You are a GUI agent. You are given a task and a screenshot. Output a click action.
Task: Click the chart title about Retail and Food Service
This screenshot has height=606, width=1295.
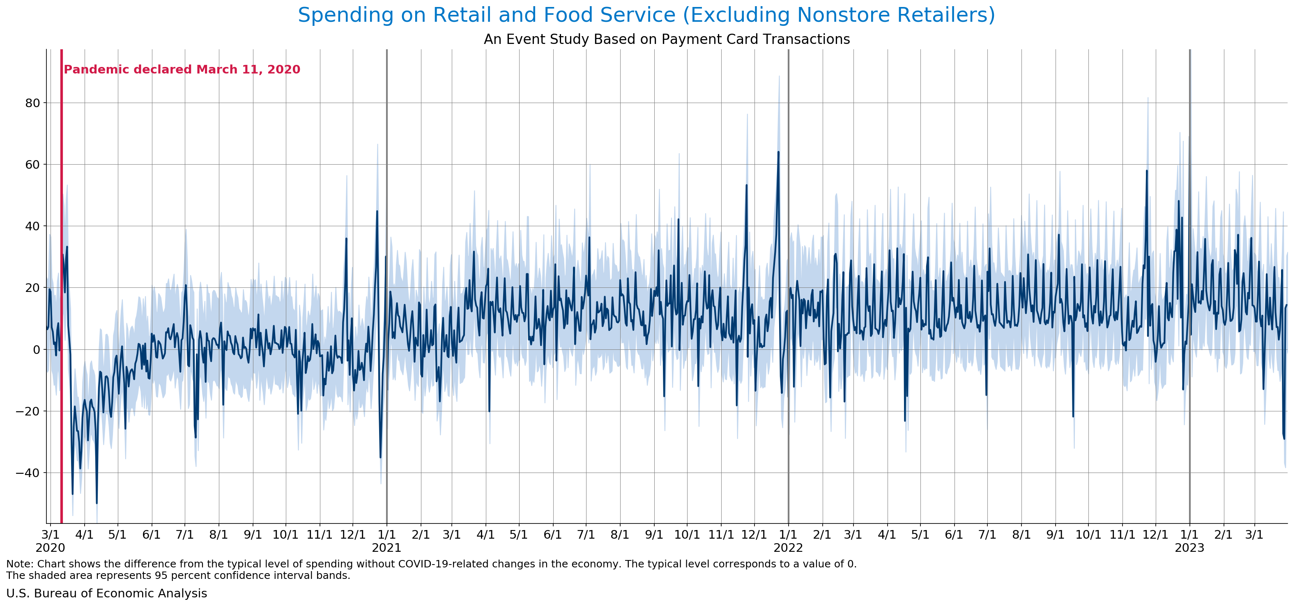point(646,15)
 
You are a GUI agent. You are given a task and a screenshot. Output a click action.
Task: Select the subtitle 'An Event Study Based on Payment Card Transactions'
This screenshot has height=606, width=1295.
point(667,39)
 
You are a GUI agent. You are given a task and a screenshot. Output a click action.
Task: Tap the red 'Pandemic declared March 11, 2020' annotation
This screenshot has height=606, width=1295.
point(182,69)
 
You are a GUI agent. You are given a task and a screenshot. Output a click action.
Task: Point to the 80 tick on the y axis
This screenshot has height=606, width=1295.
point(32,103)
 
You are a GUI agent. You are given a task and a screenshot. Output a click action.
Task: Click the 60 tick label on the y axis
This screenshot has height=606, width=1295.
point(32,165)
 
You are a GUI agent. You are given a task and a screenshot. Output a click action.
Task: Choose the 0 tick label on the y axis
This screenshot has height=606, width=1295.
point(37,350)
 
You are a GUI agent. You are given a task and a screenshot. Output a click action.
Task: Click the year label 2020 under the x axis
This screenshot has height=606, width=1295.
point(50,548)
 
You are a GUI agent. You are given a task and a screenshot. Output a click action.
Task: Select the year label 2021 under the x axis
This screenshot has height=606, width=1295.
point(386,548)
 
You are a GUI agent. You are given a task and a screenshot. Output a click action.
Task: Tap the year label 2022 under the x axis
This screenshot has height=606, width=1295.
point(788,548)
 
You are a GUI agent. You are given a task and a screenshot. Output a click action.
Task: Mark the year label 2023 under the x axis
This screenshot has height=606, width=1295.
point(1189,548)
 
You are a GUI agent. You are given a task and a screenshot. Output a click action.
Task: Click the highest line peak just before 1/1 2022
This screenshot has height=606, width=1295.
point(779,152)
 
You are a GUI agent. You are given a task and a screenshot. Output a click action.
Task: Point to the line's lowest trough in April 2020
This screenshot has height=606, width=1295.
point(97,503)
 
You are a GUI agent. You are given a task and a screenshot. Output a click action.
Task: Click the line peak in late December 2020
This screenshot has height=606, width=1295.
point(377,211)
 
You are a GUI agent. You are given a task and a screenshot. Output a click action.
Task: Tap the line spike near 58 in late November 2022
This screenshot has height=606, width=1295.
point(1147,171)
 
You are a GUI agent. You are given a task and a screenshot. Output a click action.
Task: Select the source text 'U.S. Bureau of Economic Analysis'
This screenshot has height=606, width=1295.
point(106,593)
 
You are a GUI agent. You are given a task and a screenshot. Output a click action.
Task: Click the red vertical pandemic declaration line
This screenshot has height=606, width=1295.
point(61,287)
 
